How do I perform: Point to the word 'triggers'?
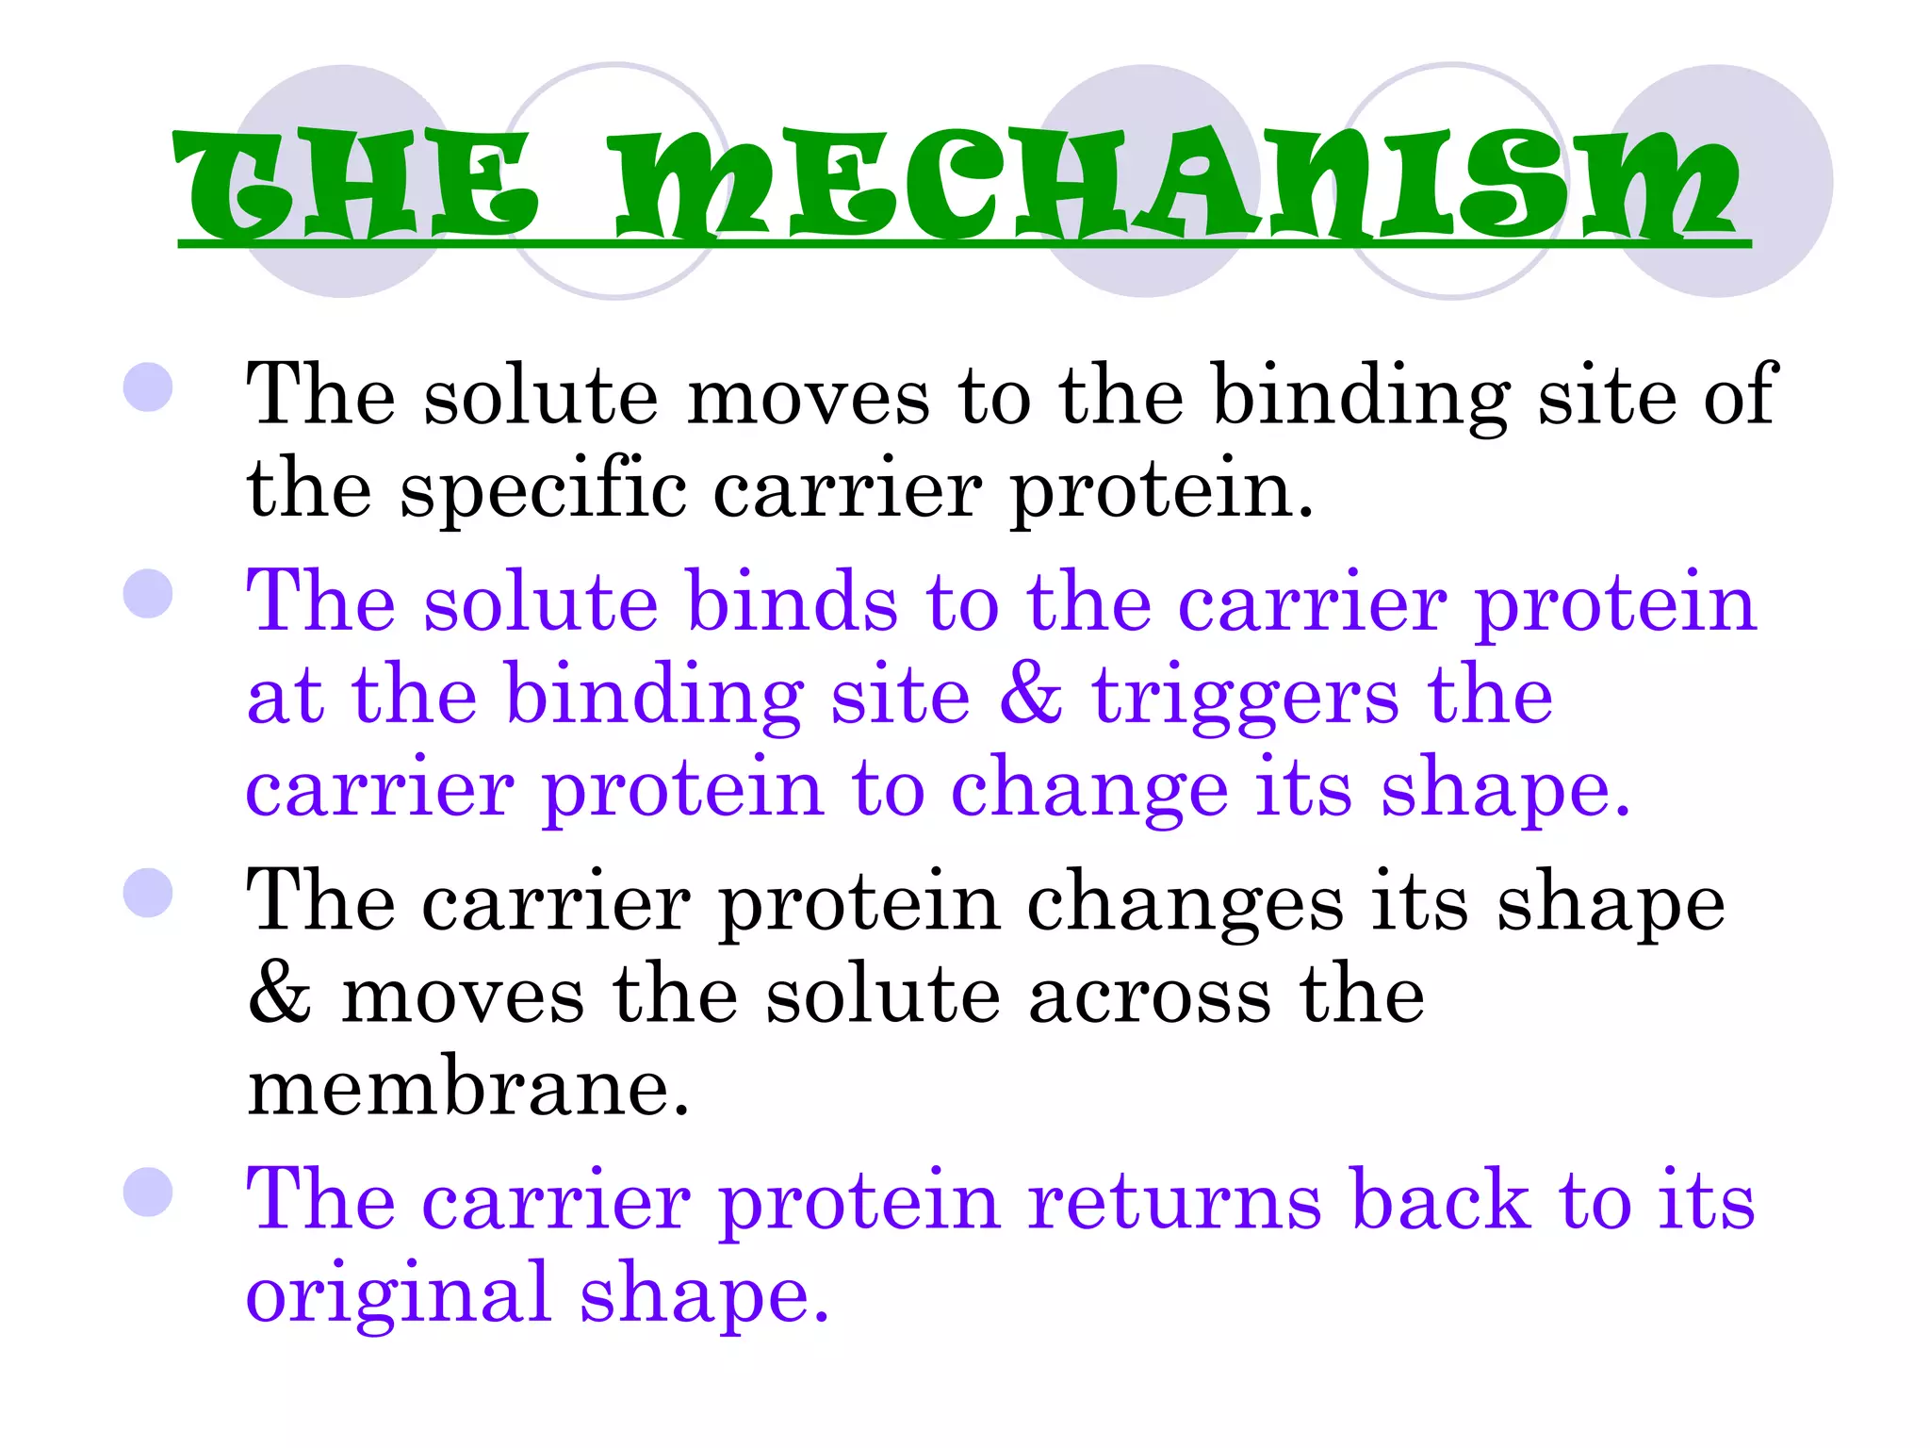coord(1244,698)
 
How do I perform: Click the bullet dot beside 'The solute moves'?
coord(148,387)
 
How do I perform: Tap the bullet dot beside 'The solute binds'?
coord(148,594)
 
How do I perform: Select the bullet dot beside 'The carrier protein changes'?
coord(148,893)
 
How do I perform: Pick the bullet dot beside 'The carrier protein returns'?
coord(148,1193)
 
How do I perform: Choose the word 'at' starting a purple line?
coord(285,698)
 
